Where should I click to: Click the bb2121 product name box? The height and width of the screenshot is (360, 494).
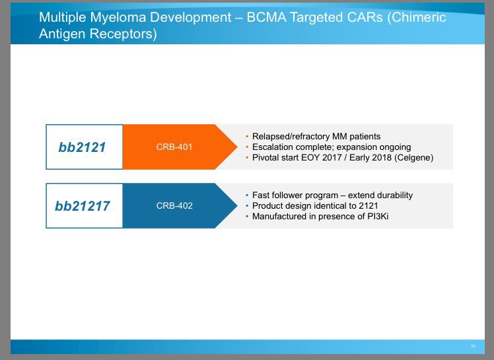84,147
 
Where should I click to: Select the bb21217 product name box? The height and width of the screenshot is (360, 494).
84,205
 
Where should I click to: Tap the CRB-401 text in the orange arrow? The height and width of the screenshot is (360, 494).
174,147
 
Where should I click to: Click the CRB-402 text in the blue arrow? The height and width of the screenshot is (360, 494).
174,206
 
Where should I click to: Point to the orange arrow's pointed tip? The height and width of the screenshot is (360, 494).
237,147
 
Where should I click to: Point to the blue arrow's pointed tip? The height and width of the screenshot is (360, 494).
237,205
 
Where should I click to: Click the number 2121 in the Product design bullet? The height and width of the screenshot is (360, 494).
369,206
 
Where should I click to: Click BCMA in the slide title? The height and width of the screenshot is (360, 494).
267,17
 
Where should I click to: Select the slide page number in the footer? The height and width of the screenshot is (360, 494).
473,346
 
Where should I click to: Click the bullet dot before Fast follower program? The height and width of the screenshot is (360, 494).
247,196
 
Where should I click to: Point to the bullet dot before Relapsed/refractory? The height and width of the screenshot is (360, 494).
247,137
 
